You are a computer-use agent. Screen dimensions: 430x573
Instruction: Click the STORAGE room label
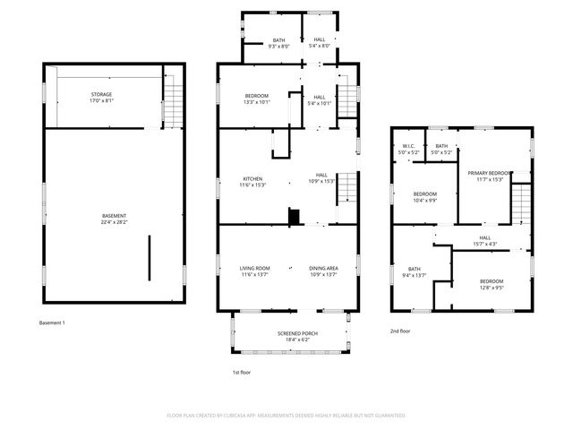[100, 97]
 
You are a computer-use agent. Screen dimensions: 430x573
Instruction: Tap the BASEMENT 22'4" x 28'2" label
[113, 219]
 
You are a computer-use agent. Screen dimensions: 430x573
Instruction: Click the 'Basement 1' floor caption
[52, 322]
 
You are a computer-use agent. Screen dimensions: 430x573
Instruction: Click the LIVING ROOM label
[254, 271]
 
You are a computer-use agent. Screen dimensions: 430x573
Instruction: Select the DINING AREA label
[323, 271]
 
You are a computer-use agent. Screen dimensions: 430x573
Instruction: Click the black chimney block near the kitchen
[292, 216]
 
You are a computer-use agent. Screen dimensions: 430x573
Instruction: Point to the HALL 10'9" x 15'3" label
[321, 177]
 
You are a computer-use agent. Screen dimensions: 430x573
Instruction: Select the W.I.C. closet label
[407, 150]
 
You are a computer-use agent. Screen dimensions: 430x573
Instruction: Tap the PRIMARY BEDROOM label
[490, 176]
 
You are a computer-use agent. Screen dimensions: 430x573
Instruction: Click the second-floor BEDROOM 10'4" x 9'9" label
[424, 196]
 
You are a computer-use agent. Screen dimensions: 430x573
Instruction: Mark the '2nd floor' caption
[401, 331]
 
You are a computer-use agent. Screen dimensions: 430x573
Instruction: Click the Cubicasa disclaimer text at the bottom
[286, 416]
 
